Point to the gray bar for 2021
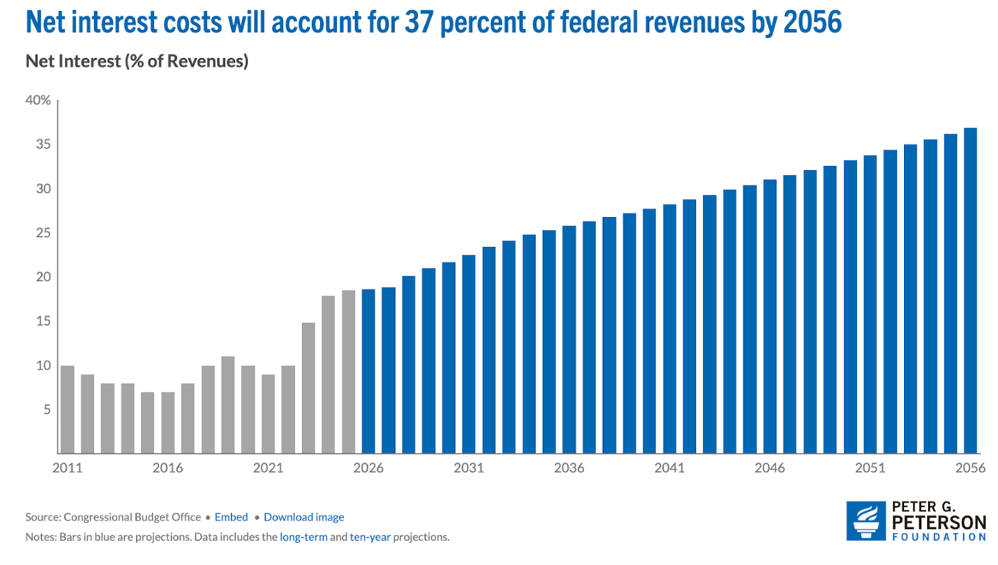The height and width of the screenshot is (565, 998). tap(268, 414)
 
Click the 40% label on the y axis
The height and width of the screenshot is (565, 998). tap(38, 100)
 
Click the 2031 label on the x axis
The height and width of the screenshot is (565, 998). tap(468, 468)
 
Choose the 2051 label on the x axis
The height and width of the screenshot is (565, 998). tap(870, 468)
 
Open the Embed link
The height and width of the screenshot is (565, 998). tap(231, 517)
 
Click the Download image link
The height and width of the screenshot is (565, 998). tap(304, 517)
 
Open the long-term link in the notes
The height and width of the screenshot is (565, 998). tap(304, 537)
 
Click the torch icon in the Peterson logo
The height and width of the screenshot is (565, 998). tap(866, 521)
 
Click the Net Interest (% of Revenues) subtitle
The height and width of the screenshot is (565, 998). tap(137, 61)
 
